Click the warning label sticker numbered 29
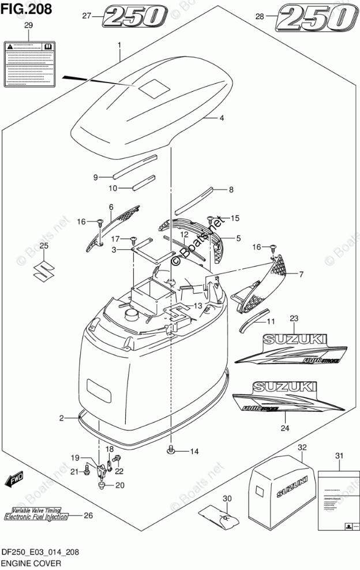click(x=29, y=63)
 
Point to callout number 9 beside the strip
click(x=96, y=177)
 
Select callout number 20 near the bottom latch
click(x=120, y=485)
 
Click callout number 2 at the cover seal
click(x=61, y=417)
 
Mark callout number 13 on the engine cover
click(x=198, y=306)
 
